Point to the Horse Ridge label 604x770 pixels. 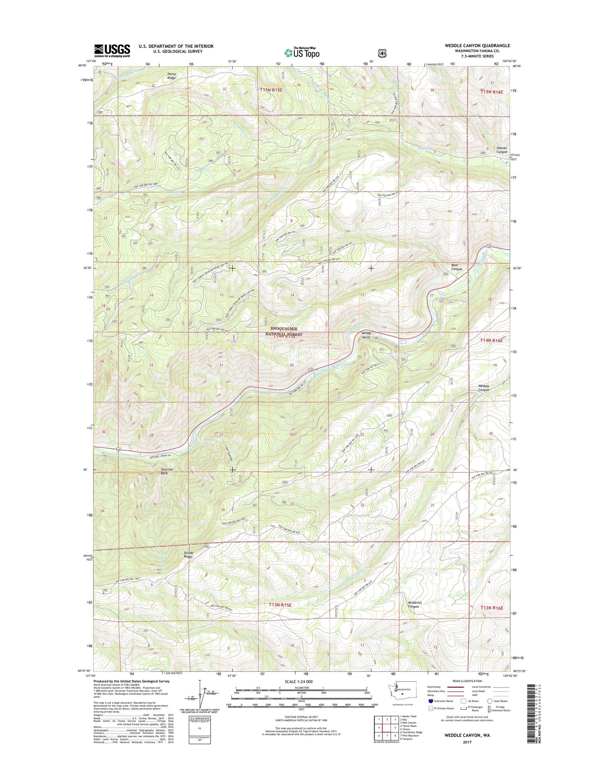click(172, 76)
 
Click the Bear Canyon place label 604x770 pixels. click(456, 267)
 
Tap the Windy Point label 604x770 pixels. click(366, 335)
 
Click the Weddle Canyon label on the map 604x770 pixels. click(484, 388)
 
